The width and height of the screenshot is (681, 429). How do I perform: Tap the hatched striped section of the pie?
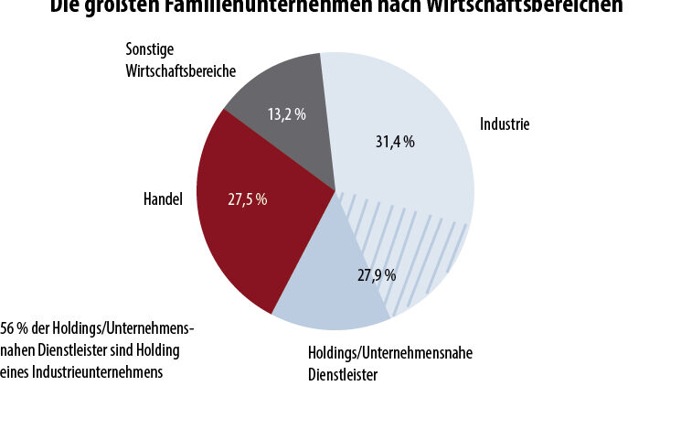(x=411, y=247)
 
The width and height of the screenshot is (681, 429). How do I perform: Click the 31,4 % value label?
(x=396, y=142)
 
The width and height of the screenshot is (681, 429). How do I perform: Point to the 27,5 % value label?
(x=248, y=198)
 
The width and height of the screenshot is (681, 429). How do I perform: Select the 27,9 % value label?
(x=377, y=274)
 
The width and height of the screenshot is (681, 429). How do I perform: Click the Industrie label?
(x=505, y=124)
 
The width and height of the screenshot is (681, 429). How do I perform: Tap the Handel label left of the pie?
(x=164, y=197)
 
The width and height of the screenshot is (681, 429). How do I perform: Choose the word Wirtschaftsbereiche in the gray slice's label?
(x=181, y=70)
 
